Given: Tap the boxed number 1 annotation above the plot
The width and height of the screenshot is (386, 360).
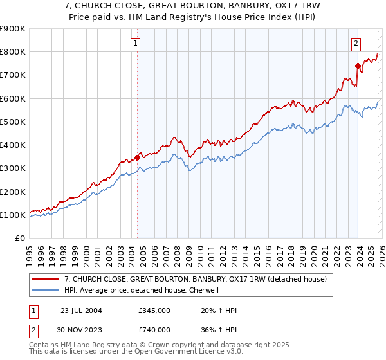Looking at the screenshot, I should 136,44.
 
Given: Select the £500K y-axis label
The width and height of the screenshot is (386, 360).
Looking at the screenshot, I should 13,122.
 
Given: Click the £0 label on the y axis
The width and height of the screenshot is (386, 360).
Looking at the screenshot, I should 19,238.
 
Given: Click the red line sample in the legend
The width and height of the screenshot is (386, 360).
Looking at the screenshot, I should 46,279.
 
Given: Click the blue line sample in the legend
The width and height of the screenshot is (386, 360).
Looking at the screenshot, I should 46,290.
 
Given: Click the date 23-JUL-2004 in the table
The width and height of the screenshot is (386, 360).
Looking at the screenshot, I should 80,311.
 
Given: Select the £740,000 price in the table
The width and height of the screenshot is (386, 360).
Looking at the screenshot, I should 154,330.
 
